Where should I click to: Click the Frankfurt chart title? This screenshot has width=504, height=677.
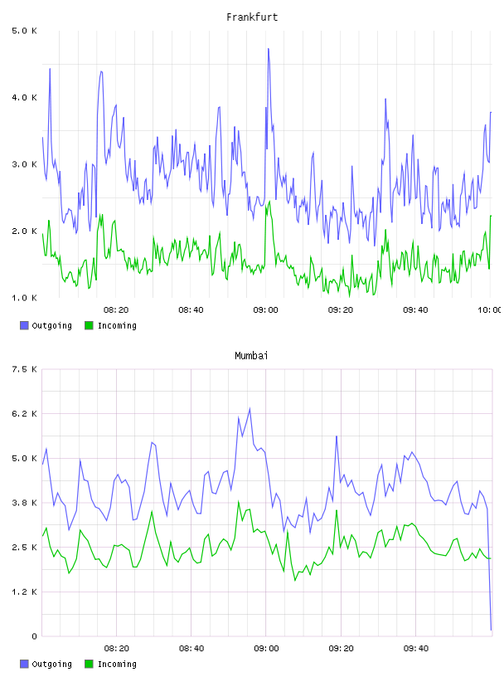point(252,17)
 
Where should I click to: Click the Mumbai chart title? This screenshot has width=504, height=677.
point(251,356)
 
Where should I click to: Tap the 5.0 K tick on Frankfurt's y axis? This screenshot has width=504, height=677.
point(25,31)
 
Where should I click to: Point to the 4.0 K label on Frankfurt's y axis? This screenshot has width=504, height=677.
point(25,98)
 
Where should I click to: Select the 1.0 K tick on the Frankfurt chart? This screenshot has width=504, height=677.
point(25,298)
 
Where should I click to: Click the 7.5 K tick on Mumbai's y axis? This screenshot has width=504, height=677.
point(25,369)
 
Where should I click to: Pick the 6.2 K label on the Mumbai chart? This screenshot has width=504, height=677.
point(25,414)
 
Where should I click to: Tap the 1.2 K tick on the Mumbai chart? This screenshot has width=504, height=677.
point(25,592)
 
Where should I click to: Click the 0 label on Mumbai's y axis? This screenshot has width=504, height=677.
point(34,636)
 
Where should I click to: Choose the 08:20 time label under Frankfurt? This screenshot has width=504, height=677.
point(116,310)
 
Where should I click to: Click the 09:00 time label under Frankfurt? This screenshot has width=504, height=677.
point(266,310)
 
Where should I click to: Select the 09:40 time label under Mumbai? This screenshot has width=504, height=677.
point(416,649)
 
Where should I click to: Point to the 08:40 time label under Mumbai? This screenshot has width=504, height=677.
point(191,649)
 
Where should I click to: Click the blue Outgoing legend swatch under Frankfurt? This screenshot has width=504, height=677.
point(24,325)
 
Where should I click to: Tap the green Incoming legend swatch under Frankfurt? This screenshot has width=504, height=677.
point(89,325)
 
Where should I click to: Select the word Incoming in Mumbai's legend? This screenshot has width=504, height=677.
point(117,665)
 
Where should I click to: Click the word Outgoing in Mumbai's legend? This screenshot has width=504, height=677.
point(51,665)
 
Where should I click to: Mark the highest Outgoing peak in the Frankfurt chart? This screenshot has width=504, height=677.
point(269,49)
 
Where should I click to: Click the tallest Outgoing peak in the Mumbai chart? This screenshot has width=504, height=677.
point(250,408)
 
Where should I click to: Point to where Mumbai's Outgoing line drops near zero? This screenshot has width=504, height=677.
point(491,630)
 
